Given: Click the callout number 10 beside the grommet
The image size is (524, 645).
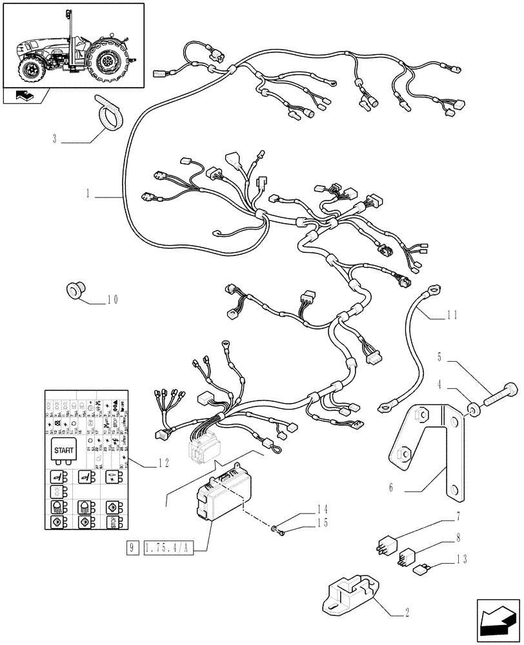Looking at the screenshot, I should [x=112, y=300].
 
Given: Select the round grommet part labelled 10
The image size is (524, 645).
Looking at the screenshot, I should [x=76, y=292].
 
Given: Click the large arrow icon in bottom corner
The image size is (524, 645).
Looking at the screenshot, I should [x=498, y=620].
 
